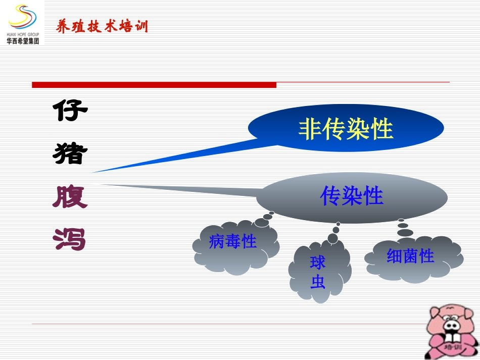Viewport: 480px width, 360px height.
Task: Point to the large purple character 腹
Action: [70, 196]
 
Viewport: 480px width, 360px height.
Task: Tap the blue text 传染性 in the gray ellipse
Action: [352, 196]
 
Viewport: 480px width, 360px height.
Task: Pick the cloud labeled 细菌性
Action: [412, 258]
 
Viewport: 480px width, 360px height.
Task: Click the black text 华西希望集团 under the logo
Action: [23, 41]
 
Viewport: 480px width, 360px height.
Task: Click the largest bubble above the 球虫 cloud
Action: [333, 238]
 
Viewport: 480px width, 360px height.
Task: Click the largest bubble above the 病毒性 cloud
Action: [262, 222]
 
